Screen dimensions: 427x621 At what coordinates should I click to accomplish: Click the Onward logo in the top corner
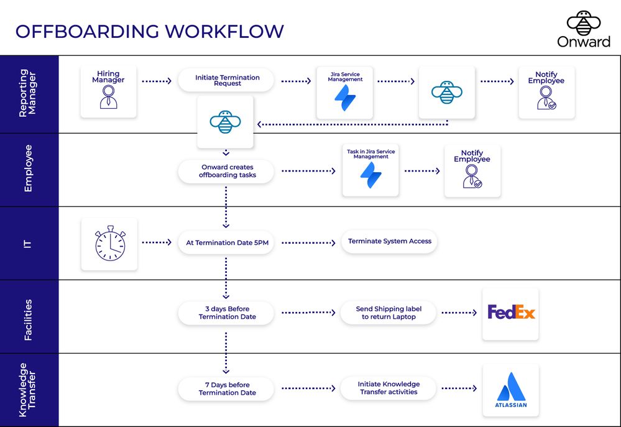tap(583, 29)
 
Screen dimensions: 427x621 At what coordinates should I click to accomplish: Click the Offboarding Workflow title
tap(149, 31)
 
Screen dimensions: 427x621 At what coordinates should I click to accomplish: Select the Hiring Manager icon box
tap(108, 91)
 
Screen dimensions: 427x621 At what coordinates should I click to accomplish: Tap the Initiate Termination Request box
tap(227, 81)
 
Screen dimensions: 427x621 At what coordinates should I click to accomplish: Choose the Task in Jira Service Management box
tap(370, 170)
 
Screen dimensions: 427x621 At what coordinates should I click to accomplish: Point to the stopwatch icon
tap(109, 244)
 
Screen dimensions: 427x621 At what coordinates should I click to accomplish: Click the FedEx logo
tap(510, 313)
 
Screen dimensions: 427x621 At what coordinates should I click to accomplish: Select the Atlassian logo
tap(510, 390)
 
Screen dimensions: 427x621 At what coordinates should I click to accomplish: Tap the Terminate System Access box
tap(389, 241)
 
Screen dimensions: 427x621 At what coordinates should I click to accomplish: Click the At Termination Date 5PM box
tap(227, 242)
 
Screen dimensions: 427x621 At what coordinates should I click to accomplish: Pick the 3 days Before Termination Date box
tap(227, 313)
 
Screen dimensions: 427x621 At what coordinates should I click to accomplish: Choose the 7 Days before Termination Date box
tap(227, 388)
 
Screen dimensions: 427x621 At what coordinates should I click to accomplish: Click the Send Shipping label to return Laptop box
tap(389, 313)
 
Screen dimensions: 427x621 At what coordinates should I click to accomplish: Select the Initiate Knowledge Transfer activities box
tap(389, 388)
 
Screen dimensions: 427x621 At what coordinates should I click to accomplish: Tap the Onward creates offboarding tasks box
tap(227, 171)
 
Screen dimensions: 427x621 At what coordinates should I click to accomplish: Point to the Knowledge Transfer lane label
tap(29, 390)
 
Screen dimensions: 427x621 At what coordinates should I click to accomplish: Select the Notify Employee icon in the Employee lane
tap(472, 171)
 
